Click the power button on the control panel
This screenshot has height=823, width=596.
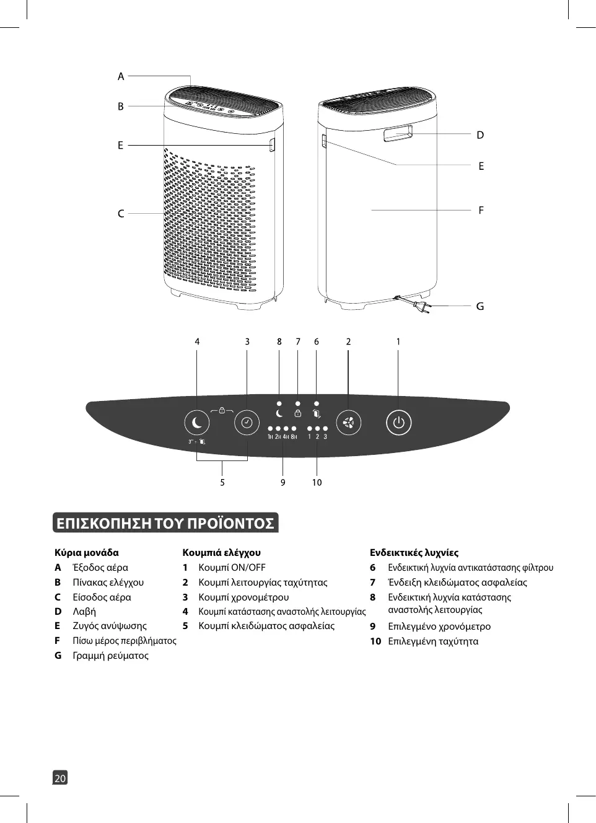click(x=398, y=423)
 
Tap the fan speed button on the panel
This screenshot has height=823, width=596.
click(x=348, y=423)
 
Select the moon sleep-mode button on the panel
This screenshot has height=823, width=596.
click(x=197, y=423)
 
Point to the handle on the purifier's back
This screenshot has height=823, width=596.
click(x=398, y=133)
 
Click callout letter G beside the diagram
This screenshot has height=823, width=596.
click(x=480, y=306)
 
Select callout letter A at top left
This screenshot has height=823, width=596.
click(x=121, y=76)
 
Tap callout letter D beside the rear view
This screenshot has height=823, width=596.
click(x=480, y=134)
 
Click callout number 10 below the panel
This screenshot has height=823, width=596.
click(x=317, y=482)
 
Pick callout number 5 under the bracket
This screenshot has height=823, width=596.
click(x=222, y=482)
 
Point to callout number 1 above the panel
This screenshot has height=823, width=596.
click(x=398, y=341)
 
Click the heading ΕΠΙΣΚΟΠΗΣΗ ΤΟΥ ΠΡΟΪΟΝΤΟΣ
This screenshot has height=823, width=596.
click(x=165, y=523)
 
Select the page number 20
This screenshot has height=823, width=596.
click(x=60, y=778)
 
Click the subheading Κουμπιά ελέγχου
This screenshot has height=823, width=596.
click(x=221, y=552)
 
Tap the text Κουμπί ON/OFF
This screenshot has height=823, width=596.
click(x=232, y=567)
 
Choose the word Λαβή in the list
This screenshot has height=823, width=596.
click(x=84, y=611)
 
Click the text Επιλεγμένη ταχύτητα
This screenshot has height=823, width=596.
click(x=433, y=641)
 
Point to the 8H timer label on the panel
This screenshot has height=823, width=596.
click(x=294, y=437)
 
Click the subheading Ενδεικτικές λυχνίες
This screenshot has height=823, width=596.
click(x=414, y=552)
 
